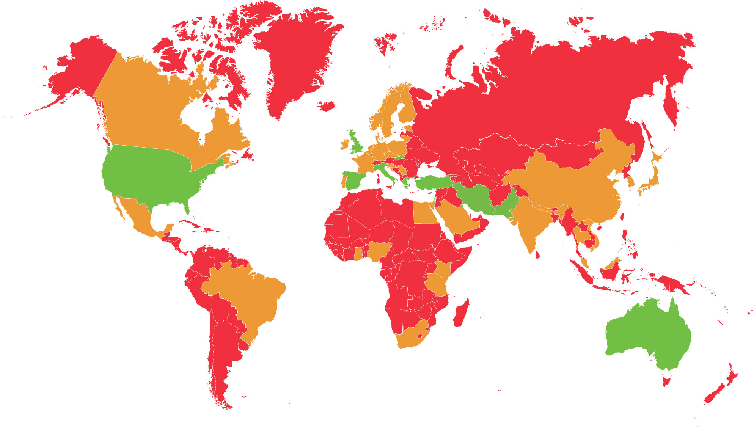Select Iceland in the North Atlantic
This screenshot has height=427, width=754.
pyautogui.click(x=326, y=106)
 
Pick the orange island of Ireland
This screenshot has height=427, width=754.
pyautogui.click(x=344, y=144)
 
